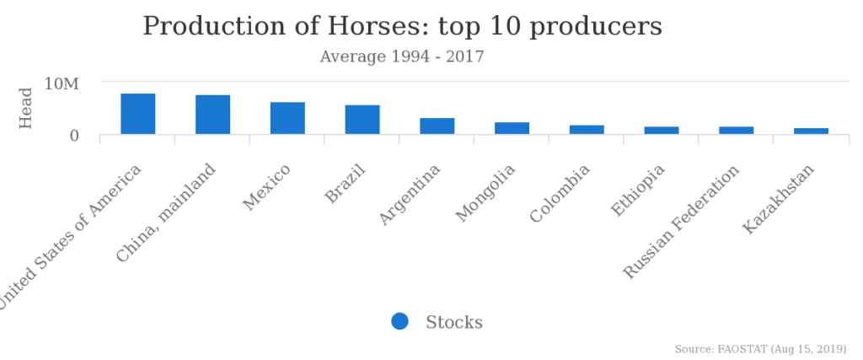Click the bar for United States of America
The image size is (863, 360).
click(138, 114)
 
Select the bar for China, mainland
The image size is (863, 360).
click(212, 115)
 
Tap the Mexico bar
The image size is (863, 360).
click(287, 118)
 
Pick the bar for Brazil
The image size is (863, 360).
click(362, 120)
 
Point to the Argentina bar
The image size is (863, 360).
click(437, 126)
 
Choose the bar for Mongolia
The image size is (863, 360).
click(512, 128)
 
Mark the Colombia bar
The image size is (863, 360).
click(587, 130)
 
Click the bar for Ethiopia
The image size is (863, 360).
click(662, 131)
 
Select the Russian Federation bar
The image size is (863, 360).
click(736, 131)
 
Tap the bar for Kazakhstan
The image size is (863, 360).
click(811, 132)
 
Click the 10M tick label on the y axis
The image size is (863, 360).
click(62, 83)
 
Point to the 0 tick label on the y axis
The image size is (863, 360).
click(74, 135)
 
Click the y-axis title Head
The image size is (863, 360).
click(26, 108)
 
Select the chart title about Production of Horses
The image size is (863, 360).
click(402, 26)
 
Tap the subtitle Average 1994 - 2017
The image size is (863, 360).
click(402, 56)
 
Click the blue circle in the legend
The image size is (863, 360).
click(399, 321)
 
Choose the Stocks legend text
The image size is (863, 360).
click(454, 322)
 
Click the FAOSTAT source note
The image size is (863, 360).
click(760, 349)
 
